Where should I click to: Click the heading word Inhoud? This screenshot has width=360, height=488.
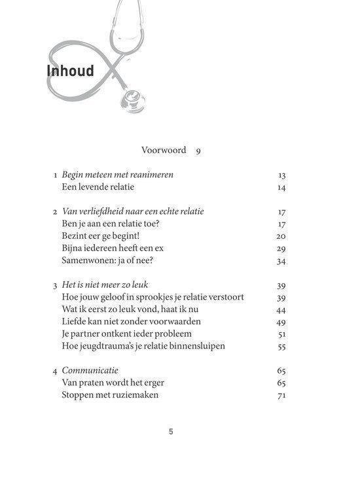(x=70, y=71)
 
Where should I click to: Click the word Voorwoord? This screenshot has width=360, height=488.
(x=164, y=150)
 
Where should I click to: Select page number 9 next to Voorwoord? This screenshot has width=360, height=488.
(x=198, y=150)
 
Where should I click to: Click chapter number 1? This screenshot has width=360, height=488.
(x=56, y=175)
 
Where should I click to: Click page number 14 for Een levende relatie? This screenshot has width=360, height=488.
(x=282, y=188)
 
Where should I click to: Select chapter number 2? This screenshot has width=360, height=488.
(x=55, y=211)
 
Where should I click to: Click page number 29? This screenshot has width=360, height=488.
(x=282, y=249)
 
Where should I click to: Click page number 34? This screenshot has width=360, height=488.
(x=282, y=261)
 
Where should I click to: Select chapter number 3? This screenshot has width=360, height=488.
(x=55, y=285)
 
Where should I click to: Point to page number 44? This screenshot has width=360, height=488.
(x=282, y=309)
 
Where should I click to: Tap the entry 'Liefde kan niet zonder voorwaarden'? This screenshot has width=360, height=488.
(x=130, y=322)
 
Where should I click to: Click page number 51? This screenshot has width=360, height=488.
(x=282, y=334)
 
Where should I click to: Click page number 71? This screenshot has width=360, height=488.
(x=282, y=395)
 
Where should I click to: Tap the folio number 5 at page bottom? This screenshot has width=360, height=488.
(x=171, y=432)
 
